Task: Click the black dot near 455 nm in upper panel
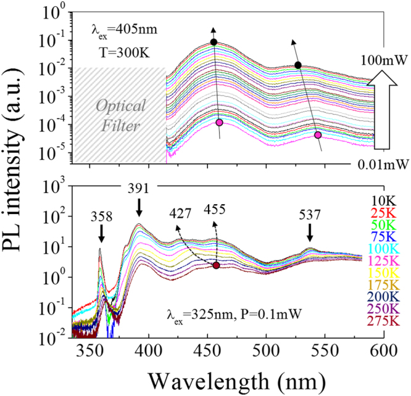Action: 214,42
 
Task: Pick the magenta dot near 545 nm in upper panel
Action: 318,134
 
